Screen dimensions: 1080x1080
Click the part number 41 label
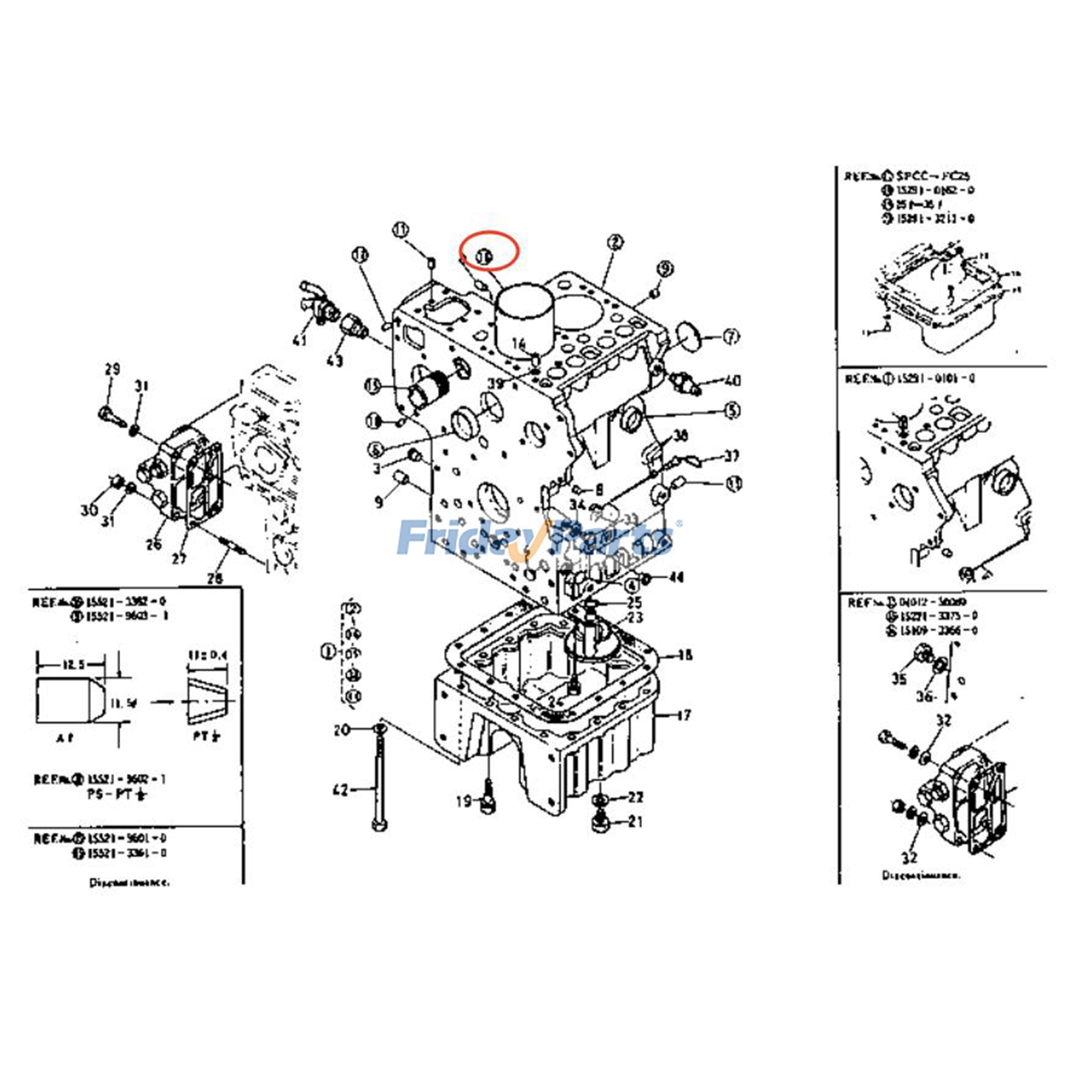click(x=300, y=340)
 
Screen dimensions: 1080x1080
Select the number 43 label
click(x=335, y=361)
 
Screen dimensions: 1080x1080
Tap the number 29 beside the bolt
click(x=112, y=369)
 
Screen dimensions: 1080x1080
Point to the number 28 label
click(x=215, y=578)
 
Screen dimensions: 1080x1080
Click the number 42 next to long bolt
click(x=341, y=789)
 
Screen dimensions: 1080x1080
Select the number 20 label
click(x=342, y=730)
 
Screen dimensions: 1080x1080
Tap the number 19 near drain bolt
click(x=464, y=801)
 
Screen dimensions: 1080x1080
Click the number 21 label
click(x=635, y=821)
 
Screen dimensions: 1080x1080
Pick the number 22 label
click(x=635, y=797)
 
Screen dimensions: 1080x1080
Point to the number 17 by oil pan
click(x=684, y=714)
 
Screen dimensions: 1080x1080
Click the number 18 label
click(x=684, y=655)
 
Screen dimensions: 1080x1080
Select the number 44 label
click(x=676, y=577)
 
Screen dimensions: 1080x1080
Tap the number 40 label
click(x=732, y=381)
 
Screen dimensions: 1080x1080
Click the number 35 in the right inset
click(x=898, y=678)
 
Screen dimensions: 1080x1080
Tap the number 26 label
click(x=154, y=544)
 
